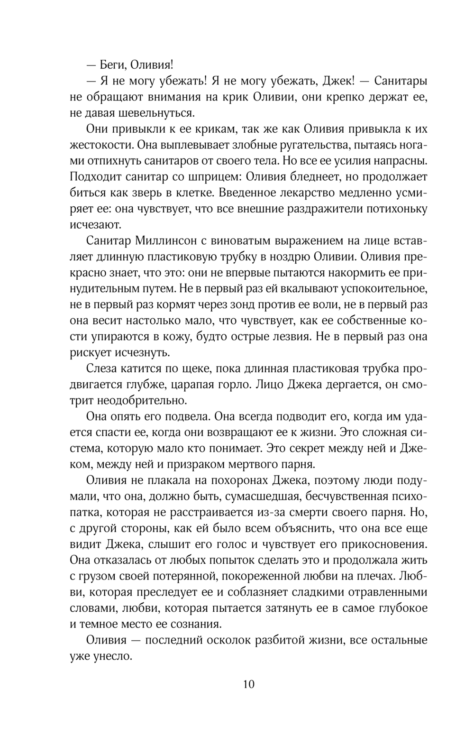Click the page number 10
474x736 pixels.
249,684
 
